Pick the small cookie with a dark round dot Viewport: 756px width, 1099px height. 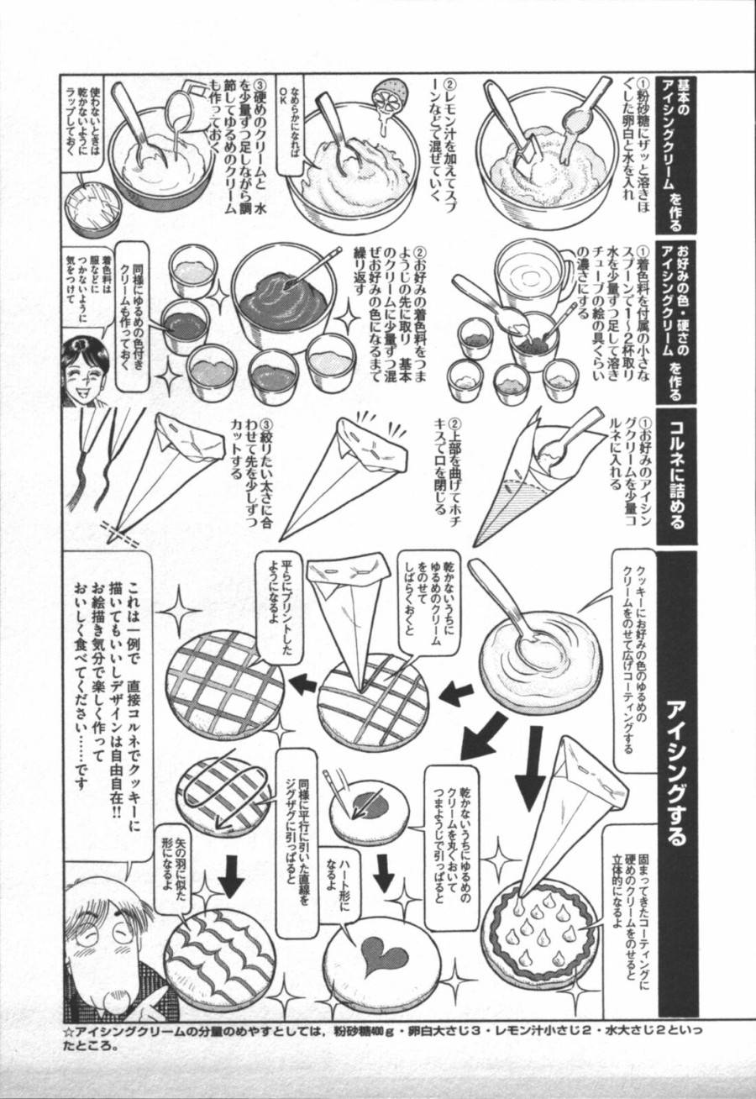click(x=369, y=811)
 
